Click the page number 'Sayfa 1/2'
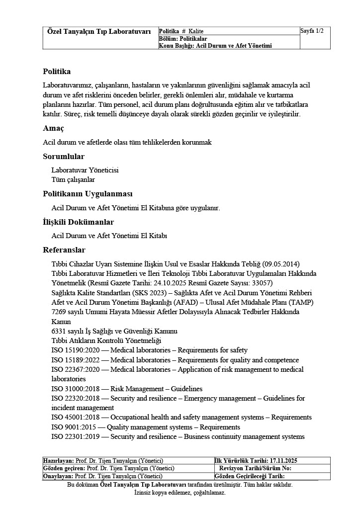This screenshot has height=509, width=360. (x=312, y=31)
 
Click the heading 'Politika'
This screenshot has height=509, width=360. (x=57, y=72)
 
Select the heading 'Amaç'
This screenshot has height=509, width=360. (x=53, y=128)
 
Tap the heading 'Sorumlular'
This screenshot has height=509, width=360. (x=64, y=157)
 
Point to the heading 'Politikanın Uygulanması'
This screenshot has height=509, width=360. (x=88, y=193)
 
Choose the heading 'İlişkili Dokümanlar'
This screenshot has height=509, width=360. (x=78, y=222)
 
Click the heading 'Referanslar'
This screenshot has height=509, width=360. (x=64, y=250)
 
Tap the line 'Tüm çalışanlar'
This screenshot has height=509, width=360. (x=73, y=179)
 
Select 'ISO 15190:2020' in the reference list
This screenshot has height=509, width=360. (x=75, y=350)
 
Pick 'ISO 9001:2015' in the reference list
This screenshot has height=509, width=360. (x=73, y=427)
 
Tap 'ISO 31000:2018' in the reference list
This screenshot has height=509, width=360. (x=75, y=389)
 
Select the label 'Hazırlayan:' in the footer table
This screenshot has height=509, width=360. (x=58, y=461)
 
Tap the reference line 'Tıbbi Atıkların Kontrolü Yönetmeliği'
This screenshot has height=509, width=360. (x=106, y=340)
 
